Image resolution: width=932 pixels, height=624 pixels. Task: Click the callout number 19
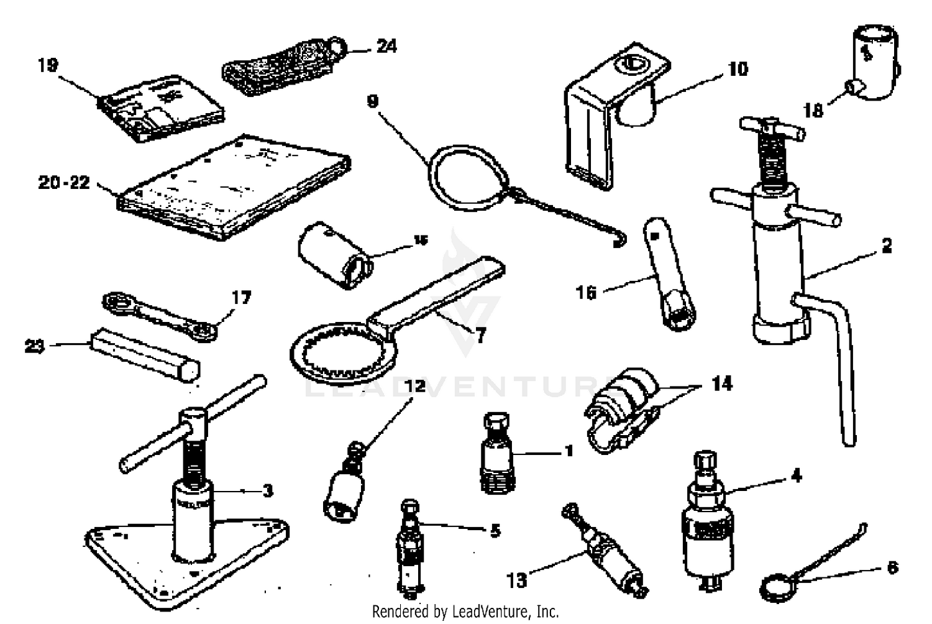coord(47,65)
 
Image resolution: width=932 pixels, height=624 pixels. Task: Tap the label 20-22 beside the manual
coord(64,183)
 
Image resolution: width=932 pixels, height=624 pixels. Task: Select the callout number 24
coord(386,46)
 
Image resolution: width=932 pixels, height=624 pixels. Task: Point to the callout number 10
coord(738,68)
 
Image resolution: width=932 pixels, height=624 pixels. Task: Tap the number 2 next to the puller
coord(887,245)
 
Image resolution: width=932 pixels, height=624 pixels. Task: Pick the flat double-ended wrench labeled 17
coord(160,316)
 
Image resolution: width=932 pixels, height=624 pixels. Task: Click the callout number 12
coord(415,386)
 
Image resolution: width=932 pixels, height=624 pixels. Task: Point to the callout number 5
coord(495,531)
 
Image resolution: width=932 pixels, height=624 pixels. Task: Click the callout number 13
coord(516,580)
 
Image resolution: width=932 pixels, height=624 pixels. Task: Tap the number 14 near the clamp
coord(721,383)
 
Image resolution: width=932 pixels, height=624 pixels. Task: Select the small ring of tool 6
coord(774,585)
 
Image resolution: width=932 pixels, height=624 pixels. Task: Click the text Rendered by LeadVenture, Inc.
coord(465,612)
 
